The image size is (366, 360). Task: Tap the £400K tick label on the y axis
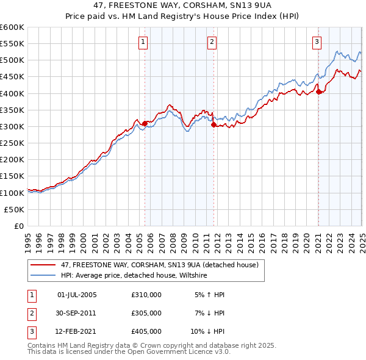[12, 93]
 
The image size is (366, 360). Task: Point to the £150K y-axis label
[12, 176]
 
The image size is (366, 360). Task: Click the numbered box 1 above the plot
[143, 42]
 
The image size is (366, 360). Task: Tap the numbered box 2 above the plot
[212, 42]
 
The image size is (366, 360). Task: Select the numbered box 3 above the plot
[317, 42]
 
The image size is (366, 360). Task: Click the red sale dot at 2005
[145, 123]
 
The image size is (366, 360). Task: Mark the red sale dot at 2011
[213, 125]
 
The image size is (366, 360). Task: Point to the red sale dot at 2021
[318, 92]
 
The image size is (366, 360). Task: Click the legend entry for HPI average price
[134, 275]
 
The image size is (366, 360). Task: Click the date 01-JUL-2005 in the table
[76, 295]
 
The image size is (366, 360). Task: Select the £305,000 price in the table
[146, 313]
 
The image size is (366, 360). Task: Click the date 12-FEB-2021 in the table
[76, 332]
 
